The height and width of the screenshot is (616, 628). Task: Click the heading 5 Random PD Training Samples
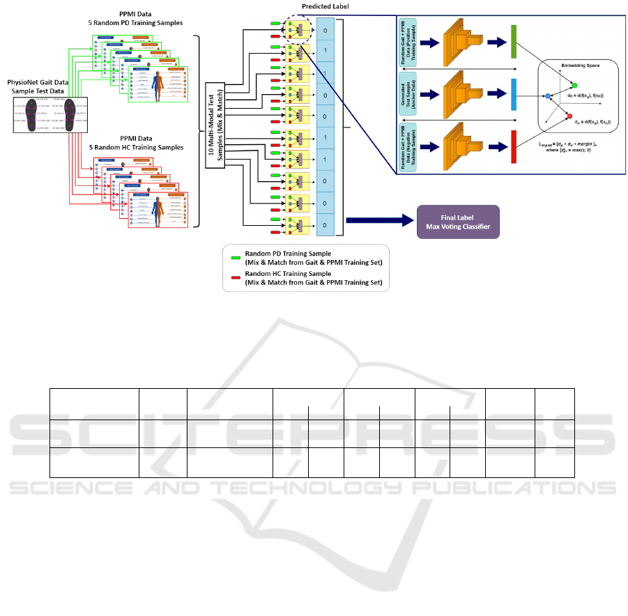(131, 22)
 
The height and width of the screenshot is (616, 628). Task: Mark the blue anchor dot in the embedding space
(549, 95)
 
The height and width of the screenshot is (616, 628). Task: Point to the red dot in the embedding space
(569, 116)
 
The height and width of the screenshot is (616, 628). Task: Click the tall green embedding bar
(512, 41)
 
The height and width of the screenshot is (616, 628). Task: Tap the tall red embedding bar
(512, 146)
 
